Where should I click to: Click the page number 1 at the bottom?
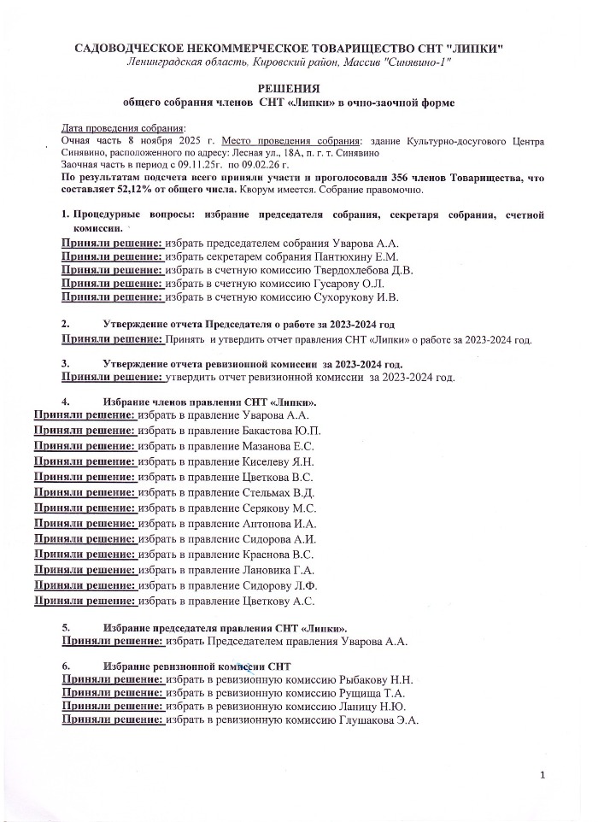coord(542,775)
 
